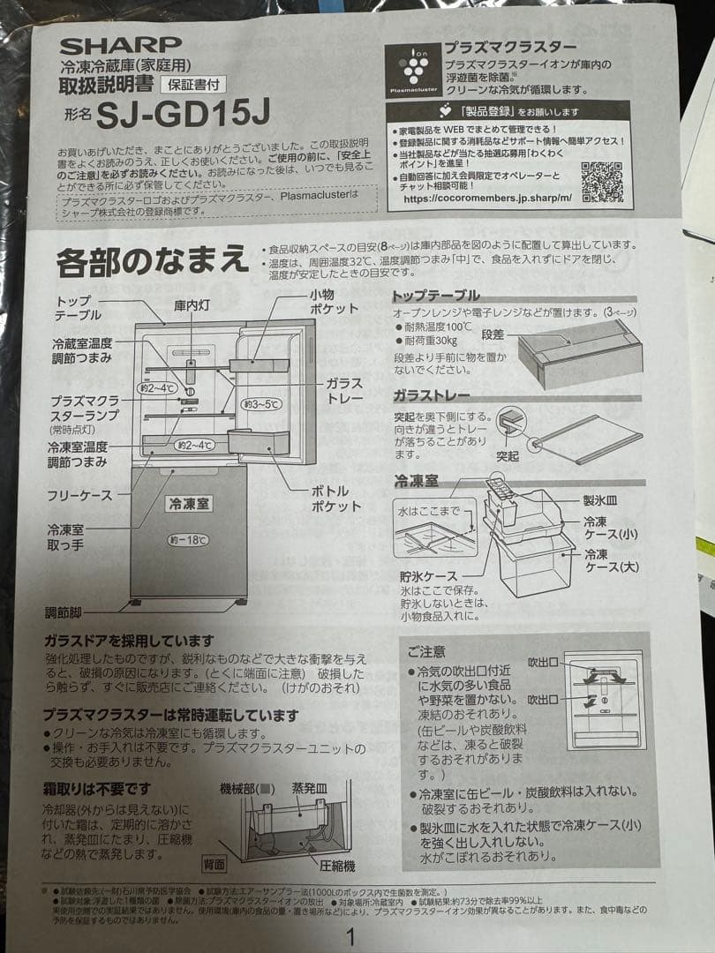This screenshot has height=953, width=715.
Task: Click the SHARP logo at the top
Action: (x=120, y=45)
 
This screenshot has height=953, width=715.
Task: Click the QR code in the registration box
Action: (x=602, y=183)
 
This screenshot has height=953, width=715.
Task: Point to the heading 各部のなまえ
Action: (x=152, y=262)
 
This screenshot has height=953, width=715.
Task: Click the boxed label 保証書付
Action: (x=192, y=86)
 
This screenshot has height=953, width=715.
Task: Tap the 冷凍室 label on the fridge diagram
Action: (x=188, y=504)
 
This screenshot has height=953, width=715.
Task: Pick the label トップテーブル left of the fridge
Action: (x=79, y=308)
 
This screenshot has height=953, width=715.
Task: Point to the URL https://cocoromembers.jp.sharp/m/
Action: (x=487, y=199)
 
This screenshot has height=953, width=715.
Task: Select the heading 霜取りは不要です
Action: (x=97, y=788)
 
